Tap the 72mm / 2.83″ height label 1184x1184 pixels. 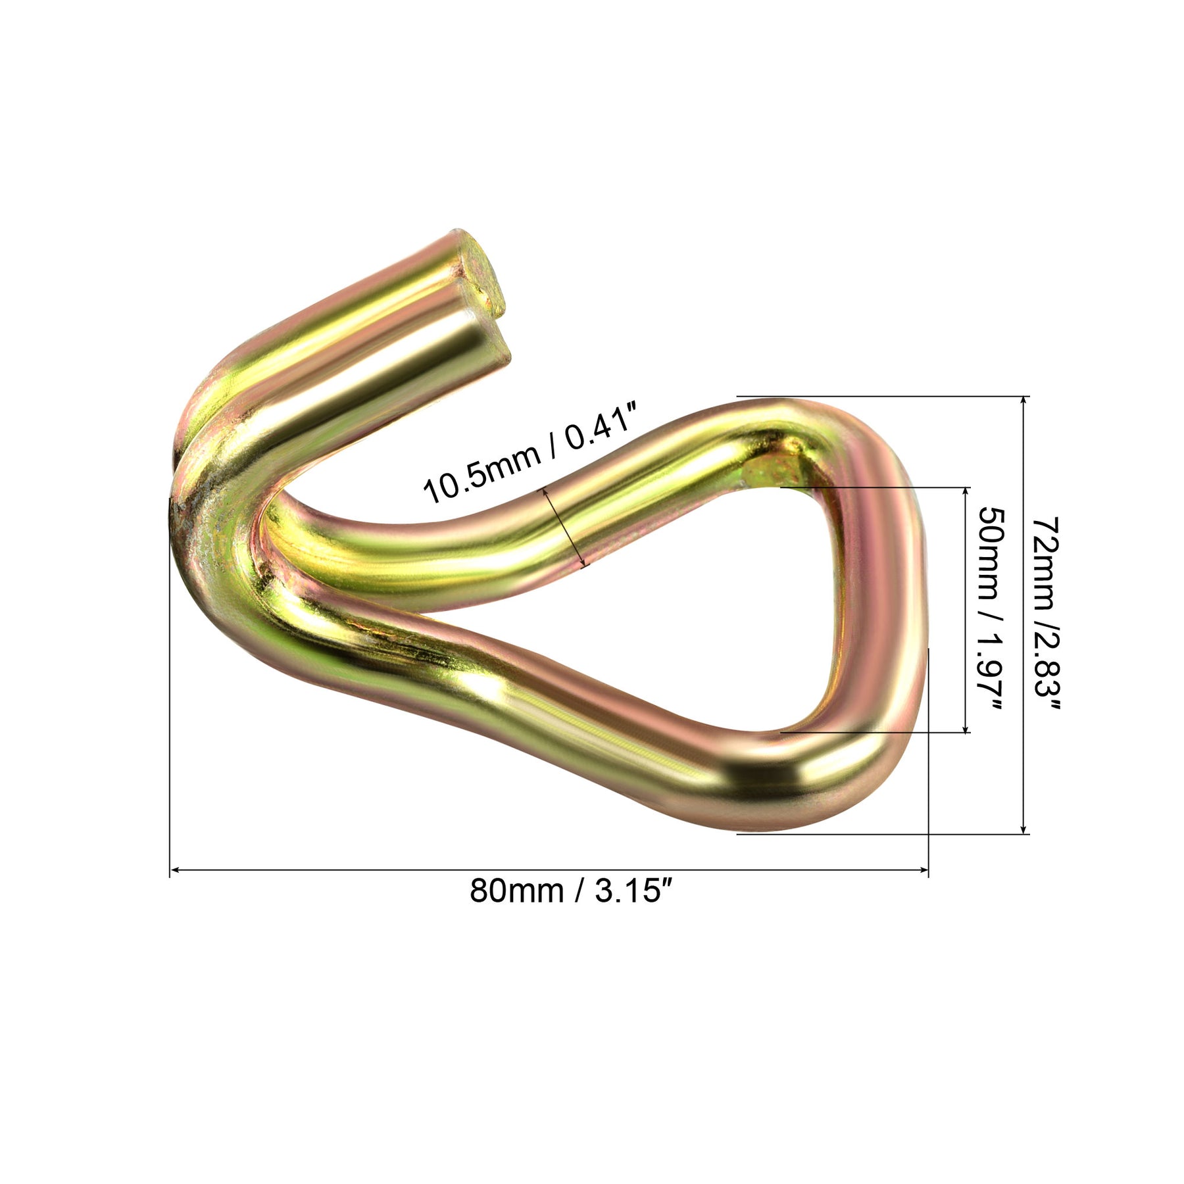click(x=1046, y=616)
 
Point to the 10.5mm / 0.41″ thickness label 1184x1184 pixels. click(x=530, y=454)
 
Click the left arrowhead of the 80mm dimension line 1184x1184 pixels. click(x=175, y=870)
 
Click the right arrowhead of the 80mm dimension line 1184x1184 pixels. click(x=923, y=870)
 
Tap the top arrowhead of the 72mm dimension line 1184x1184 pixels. click(x=1024, y=403)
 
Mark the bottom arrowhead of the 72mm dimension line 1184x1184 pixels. click(x=1024, y=828)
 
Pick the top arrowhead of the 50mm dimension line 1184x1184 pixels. click(x=966, y=493)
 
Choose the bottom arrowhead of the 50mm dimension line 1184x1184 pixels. click(x=966, y=726)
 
